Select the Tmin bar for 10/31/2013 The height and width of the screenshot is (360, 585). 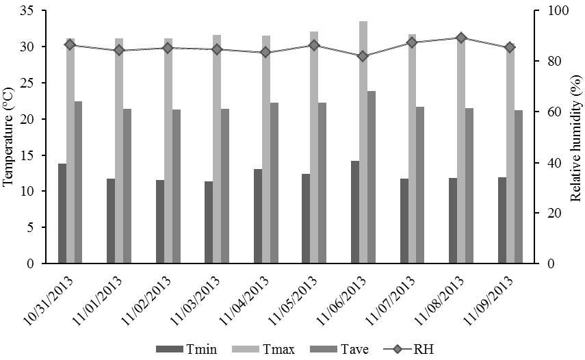click(x=62, y=214)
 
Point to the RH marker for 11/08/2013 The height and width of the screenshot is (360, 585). click(x=461, y=38)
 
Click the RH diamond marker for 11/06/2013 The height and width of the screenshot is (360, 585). click(x=363, y=56)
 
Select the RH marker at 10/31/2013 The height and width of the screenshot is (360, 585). click(x=70, y=44)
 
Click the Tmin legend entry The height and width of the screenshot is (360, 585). click(x=187, y=349)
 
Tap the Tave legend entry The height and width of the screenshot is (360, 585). click(x=344, y=349)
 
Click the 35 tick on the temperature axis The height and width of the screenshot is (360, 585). click(x=31, y=11)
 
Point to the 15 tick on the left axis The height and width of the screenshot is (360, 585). click(x=31, y=155)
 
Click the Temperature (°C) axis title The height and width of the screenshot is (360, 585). click(x=9, y=137)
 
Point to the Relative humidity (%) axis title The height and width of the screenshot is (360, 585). click(x=576, y=137)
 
